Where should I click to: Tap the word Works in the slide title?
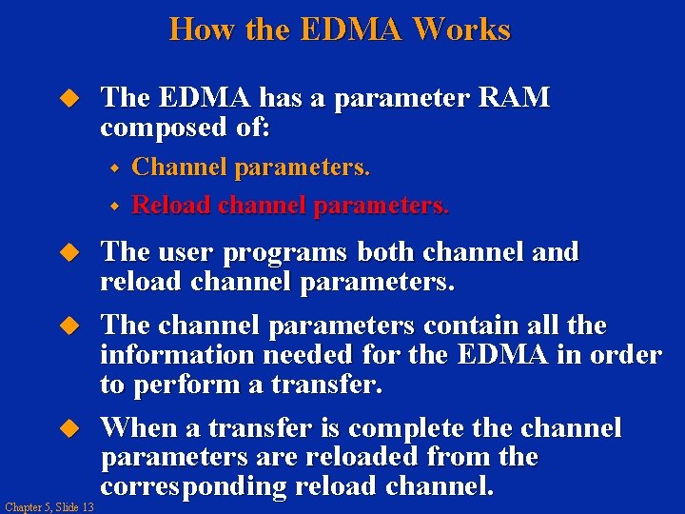466,30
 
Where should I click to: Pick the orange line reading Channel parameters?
250,168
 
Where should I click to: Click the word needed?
305,355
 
